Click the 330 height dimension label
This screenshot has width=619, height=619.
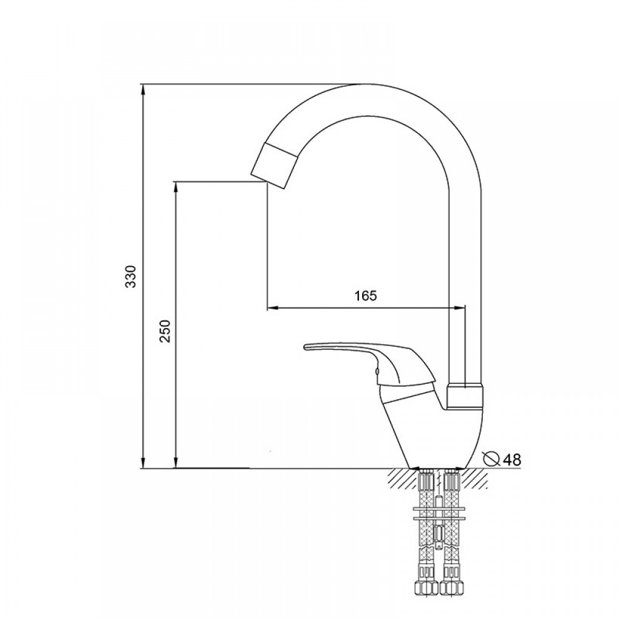point(131,276)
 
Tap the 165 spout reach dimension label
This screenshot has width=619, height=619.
point(366,295)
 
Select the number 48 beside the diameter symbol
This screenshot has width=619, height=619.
point(513,459)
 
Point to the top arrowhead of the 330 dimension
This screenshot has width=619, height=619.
point(144,91)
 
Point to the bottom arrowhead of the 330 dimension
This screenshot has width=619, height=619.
point(144,462)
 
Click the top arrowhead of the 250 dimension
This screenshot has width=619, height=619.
point(176,188)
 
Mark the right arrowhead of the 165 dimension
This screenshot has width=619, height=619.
point(458,308)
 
